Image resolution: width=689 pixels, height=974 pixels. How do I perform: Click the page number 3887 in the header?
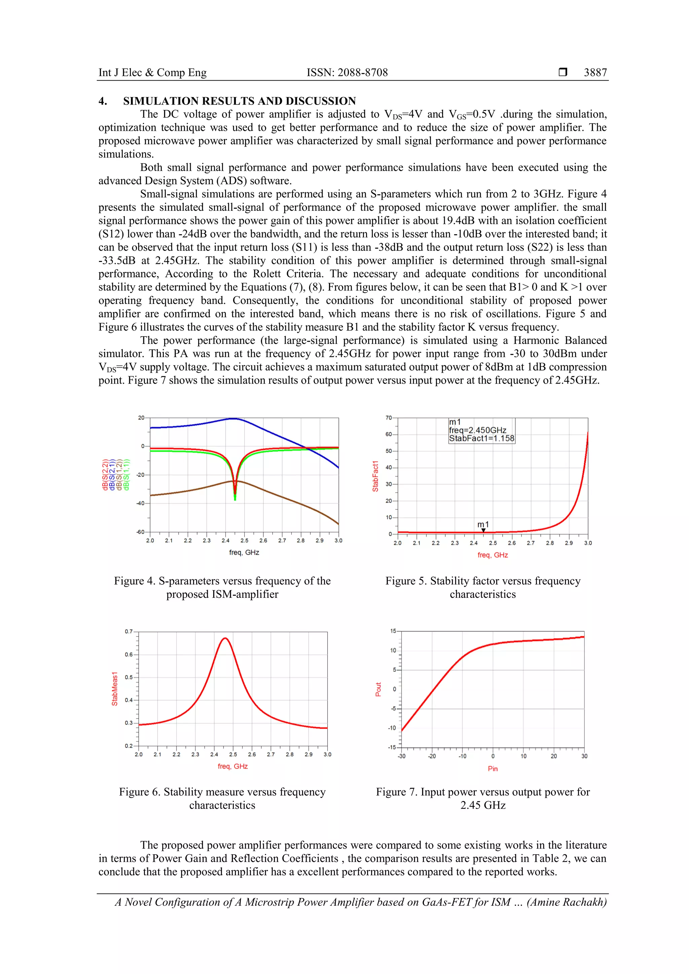(595, 73)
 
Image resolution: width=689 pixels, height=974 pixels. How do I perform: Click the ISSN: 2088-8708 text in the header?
(347, 73)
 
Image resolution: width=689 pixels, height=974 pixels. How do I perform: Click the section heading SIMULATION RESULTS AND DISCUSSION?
(240, 101)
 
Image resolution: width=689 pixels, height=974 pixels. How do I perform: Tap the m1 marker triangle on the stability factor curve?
(483, 530)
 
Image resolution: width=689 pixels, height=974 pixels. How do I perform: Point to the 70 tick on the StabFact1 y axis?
(389, 418)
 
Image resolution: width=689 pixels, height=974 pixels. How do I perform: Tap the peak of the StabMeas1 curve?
(225, 638)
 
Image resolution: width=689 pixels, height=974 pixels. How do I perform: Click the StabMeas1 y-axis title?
(114, 689)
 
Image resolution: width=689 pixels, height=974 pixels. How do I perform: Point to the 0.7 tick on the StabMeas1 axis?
(128, 632)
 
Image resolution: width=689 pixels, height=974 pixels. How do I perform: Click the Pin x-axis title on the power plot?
(493, 769)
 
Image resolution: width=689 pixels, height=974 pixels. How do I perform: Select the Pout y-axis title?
(378, 689)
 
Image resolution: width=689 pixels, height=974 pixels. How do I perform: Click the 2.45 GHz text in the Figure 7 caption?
(483, 805)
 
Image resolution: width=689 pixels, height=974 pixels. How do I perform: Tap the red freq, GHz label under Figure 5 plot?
(493, 555)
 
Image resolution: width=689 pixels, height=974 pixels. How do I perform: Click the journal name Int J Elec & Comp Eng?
(152, 73)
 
